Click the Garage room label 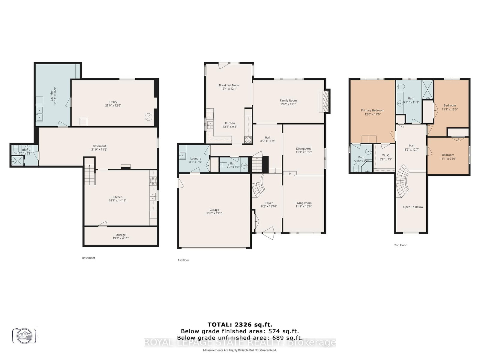click(214, 210)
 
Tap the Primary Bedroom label click(372, 110)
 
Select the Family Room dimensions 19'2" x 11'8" click(288, 104)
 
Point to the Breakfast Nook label click(229, 85)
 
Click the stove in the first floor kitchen click(248, 140)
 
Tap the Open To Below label click(413, 207)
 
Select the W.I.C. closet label click(385, 155)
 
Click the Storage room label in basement click(120, 235)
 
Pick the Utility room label click(113, 102)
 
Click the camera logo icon click(24, 336)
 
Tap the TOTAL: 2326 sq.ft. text click(240, 324)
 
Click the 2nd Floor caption click(400, 245)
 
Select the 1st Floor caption click(183, 260)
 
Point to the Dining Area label click(303, 148)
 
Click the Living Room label click(303, 203)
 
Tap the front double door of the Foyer click(268, 233)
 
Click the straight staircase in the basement click(89, 175)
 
